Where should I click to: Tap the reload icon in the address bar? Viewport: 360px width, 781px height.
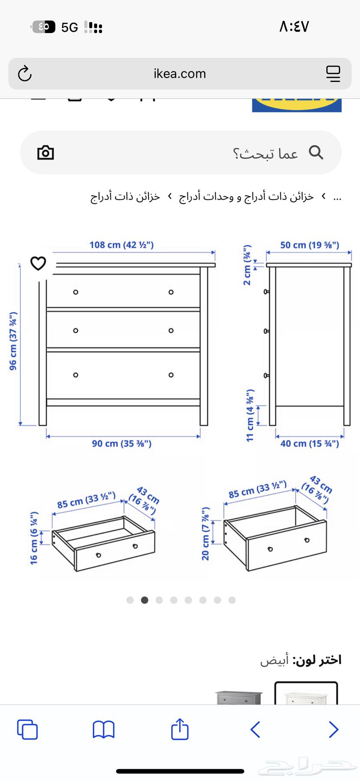point(25,74)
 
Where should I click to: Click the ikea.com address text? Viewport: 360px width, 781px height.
point(180,74)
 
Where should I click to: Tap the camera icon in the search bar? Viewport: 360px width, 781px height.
point(46,153)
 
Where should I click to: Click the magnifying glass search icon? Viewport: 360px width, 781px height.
point(316,152)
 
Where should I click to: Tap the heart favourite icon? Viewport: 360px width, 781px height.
point(38,263)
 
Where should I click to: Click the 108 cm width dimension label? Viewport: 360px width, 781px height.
point(121,245)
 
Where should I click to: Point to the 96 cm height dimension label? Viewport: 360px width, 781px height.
point(13,341)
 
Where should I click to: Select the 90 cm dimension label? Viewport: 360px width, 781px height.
point(121,443)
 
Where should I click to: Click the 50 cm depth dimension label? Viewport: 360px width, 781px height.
point(309,245)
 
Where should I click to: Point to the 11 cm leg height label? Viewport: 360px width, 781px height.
point(250,416)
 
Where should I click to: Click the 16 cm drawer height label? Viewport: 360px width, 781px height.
point(34,538)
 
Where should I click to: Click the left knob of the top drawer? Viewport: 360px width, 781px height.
point(75,292)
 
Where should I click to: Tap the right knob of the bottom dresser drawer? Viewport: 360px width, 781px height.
point(171,375)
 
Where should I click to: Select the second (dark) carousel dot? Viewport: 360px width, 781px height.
point(144,600)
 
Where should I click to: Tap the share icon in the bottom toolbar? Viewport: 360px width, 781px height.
point(180,729)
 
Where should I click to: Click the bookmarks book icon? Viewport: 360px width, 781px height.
point(104,730)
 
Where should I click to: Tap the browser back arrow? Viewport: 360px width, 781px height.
point(255,729)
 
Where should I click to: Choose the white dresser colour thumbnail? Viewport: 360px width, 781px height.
point(306,693)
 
